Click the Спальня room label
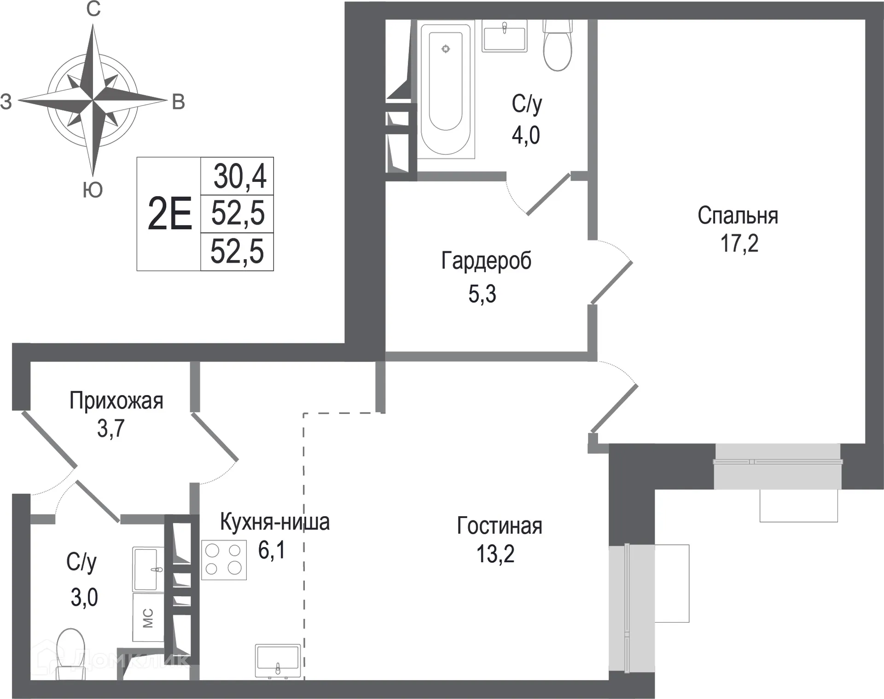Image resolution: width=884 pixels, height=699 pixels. [x=738, y=216]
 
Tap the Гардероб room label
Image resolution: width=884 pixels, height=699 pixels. [x=486, y=261]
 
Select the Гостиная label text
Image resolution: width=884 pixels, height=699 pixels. [x=500, y=526]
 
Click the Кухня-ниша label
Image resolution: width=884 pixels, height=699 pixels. [x=275, y=522]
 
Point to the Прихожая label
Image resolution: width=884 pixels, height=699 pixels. [x=116, y=401]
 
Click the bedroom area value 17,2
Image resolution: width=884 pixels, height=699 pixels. [x=739, y=243]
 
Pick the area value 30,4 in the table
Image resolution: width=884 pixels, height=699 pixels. [x=239, y=176]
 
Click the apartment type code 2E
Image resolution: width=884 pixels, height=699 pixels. [x=169, y=214]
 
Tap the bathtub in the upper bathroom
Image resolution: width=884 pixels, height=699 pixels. [x=445, y=87]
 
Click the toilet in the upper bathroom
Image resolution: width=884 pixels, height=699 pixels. [x=557, y=46]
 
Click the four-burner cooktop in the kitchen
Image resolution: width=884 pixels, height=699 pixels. [x=224, y=559]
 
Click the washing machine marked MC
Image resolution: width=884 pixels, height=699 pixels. [x=148, y=617]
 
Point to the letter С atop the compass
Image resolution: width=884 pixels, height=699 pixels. [x=93, y=9]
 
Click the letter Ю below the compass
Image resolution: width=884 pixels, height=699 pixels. [x=93, y=190]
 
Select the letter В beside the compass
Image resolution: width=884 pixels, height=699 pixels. [x=178, y=102]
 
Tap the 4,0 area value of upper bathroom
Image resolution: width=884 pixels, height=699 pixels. [x=525, y=135]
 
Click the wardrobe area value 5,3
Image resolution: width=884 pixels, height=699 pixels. [x=482, y=294]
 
